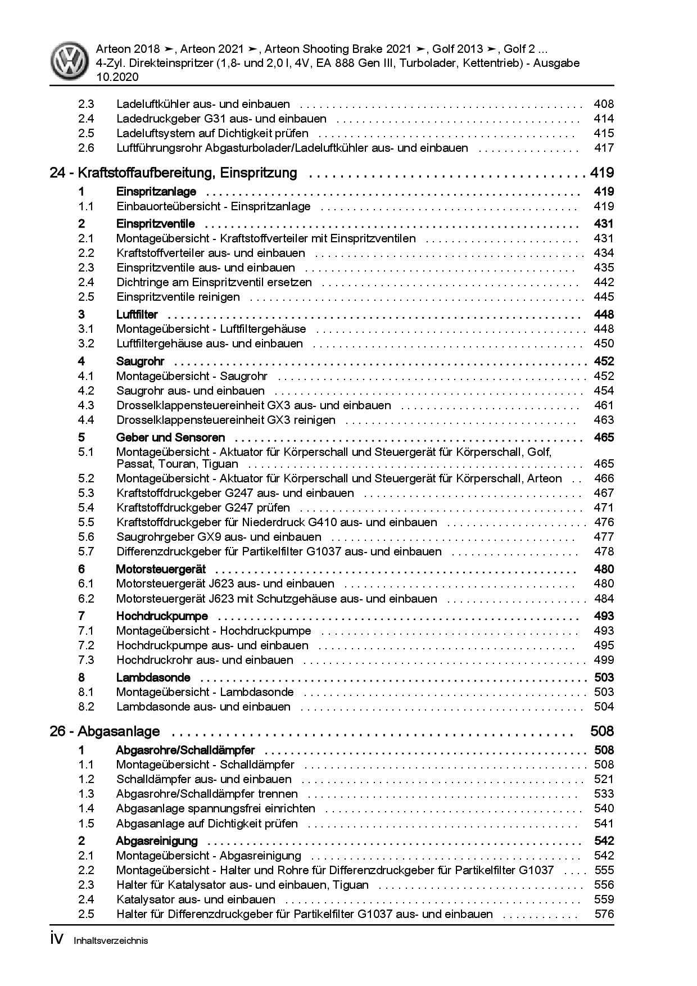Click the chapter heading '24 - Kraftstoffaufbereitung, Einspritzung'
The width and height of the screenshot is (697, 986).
173,173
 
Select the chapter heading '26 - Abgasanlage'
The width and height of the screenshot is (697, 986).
105,732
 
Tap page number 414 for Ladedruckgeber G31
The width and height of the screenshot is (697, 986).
603,119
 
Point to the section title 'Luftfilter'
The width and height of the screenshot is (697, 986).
137,314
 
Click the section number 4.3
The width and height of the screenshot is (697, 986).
86,405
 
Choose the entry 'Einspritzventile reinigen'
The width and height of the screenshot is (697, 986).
178,297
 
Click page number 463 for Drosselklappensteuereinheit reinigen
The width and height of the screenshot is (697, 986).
603,420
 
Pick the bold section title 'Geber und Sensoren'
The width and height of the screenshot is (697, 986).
170,437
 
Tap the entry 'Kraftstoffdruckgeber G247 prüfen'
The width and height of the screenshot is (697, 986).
203,508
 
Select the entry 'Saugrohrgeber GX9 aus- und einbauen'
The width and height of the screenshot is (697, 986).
219,537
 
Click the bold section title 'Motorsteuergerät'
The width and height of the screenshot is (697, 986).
161,569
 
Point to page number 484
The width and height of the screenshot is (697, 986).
603,599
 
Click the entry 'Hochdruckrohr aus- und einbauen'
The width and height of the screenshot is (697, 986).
205,660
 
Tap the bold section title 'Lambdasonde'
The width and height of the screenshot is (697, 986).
153,677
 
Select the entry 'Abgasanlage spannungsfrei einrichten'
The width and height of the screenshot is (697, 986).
215,808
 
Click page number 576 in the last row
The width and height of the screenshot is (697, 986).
604,914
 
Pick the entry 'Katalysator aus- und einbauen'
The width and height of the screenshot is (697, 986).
196,899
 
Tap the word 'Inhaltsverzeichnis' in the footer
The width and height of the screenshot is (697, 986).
111,940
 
